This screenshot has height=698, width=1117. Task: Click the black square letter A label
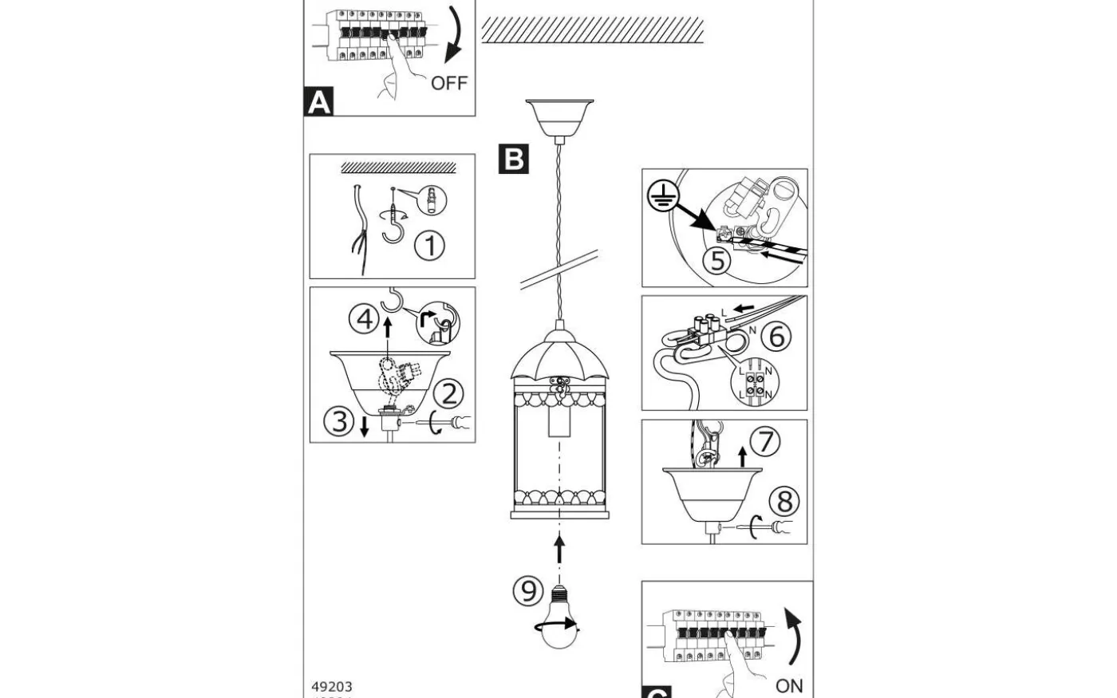pyautogui.click(x=318, y=103)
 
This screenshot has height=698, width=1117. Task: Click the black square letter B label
pyautogui.click(x=513, y=158)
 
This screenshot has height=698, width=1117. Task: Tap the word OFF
pyautogui.click(x=448, y=83)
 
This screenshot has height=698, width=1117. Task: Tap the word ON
pyautogui.click(x=789, y=686)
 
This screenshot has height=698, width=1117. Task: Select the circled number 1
pyautogui.click(x=429, y=246)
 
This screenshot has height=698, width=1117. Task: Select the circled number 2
pyautogui.click(x=449, y=393)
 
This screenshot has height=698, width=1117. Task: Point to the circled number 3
pyautogui.click(x=340, y=420)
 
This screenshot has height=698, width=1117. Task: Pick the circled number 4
pyautogui.click(x=364, y=320)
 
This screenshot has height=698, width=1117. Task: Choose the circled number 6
pyautogui.click(x=777, y=336)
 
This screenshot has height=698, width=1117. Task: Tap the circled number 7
pyautogui.click(x=765, y=441)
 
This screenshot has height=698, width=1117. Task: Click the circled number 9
pyautogui.click(x=527, y=591)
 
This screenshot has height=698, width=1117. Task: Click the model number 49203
pyautogui.click(x=331, y=686)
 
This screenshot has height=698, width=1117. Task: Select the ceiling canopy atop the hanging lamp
pyautogui.click(x=558, y=116)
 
